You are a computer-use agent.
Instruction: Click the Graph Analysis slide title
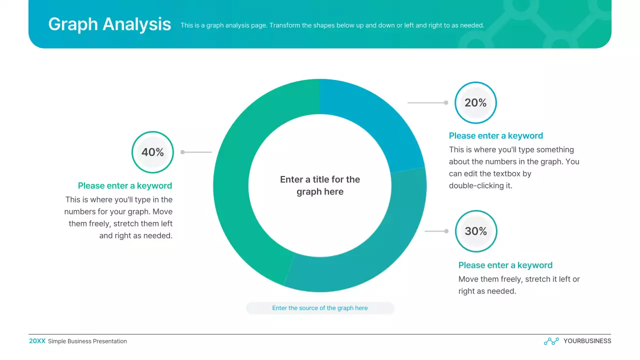click(x=109, y=24)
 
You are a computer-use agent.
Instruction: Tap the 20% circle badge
click(x=475, y=102)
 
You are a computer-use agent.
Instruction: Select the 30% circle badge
click(x=476, y=231)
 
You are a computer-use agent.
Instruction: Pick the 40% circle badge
click(x=152, y=152)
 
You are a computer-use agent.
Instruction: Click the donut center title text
click(x=320, y=185)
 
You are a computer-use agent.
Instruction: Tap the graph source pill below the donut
click(x=320, y=308)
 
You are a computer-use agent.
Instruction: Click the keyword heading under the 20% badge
click(x=495, y=135)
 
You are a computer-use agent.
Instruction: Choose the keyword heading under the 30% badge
click(x=505, y=265)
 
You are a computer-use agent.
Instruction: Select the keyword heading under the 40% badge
click(x=125, y=185)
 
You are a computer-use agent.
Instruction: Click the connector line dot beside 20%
click(x=446, y=102)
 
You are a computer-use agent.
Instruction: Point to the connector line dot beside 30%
click(x=446, y=231)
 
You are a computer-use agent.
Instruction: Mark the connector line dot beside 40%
click(x=182, y=152)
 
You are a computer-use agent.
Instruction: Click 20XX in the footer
click(x=37, y=341)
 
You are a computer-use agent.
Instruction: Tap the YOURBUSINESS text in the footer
click(x=587, y=341)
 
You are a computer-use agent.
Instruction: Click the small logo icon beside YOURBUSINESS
click(x=551, y=341)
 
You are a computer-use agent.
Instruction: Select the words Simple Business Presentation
click(x=87, y=341)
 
